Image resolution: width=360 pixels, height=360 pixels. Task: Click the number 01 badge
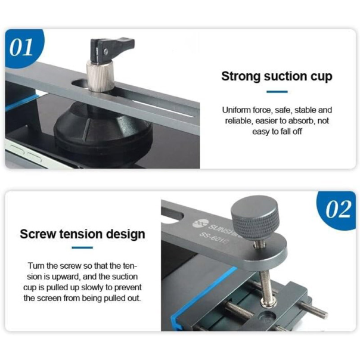(x=23, y=47)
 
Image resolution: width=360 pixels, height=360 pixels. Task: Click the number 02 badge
(x=337, y=209)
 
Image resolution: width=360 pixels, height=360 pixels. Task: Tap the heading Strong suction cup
(x=277, y=76)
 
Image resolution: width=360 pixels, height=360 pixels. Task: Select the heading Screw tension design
(x=82, y=234)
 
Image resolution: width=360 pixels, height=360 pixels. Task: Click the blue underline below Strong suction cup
(x=277, y=92)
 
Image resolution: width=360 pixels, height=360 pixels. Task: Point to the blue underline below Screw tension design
(x=82, y=247)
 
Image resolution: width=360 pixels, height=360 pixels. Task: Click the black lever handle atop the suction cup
(x=112, y=49)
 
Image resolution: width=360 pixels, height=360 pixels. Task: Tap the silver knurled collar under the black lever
(x=100, y=75)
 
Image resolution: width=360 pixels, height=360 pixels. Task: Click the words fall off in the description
(x=291, y=132)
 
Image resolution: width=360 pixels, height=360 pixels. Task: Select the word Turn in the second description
(x=36, y=266)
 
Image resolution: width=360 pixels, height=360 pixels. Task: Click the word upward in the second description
(x=66, y=277)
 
